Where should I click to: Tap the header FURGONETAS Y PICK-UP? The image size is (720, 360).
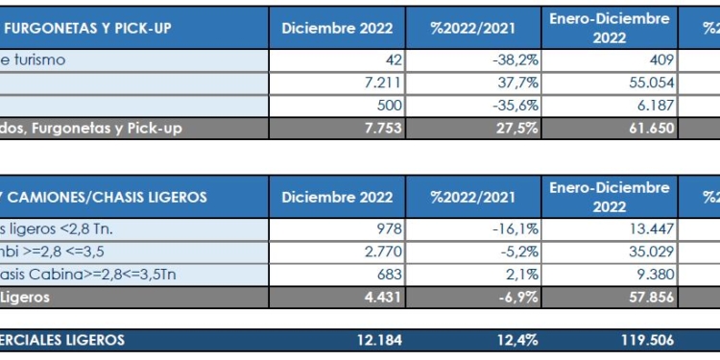tap(86, 28)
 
